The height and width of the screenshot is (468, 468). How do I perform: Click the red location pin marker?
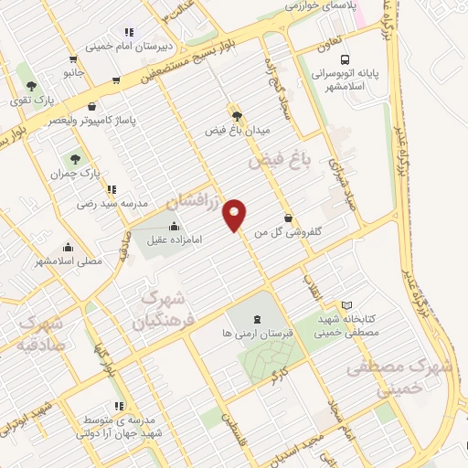pos(236,214)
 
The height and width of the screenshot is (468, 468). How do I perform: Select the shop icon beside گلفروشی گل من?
pos(290,218)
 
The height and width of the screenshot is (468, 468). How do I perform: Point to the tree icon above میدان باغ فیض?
pos(238,116)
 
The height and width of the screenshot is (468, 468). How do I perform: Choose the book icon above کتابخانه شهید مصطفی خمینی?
pos(346,305)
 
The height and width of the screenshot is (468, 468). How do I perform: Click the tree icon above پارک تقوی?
pos(32,84)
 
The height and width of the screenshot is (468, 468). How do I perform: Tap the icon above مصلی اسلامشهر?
pos(68,247)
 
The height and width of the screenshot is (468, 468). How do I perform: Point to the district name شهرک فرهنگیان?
pos(162,311)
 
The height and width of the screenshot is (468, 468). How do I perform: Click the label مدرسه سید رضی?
pos(111,205)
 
